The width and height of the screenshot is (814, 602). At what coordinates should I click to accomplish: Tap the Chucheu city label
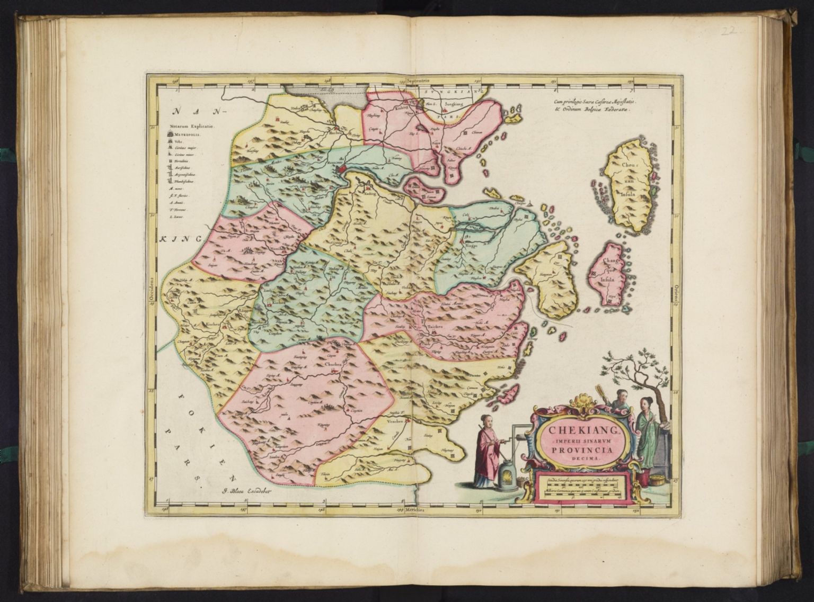tap(331, 364)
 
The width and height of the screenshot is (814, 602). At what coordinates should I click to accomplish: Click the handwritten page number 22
tap(735, 31)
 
